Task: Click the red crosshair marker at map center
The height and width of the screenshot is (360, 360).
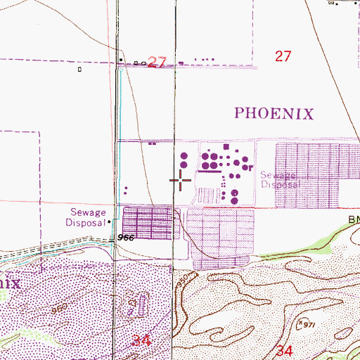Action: pos(181,180)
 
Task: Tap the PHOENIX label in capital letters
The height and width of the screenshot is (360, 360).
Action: pos(273,113)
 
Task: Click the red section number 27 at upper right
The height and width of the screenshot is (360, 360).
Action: pos(283,57)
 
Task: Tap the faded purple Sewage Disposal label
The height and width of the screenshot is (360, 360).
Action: pos(280,180)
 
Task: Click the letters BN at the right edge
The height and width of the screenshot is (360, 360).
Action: pos(352,220)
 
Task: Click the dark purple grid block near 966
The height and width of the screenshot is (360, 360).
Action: pos(148,224)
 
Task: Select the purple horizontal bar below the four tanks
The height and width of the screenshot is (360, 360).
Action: pos(208,170)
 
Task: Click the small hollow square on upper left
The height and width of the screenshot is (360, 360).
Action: pos(81,70)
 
